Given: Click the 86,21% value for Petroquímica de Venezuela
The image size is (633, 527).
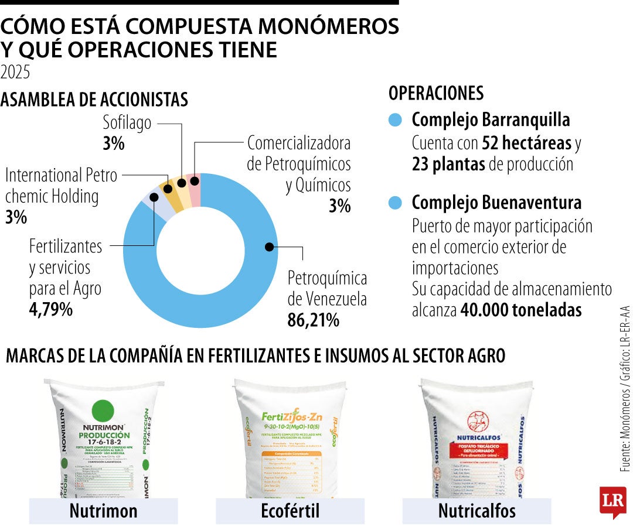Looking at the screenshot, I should [313, 320].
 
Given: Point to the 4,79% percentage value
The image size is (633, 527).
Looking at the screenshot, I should [51, 309].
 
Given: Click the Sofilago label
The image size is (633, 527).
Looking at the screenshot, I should [127, 123].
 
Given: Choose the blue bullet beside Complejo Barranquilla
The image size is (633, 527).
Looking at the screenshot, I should [396, 120].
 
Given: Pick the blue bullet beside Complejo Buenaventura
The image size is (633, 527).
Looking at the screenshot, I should [396, 203].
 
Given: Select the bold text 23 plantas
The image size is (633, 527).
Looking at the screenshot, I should [448, 165].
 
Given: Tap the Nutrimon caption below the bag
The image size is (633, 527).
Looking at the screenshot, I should [103, 511].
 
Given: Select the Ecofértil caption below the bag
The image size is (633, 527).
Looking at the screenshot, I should [290, 511].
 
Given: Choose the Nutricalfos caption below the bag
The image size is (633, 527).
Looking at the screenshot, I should [477, 511].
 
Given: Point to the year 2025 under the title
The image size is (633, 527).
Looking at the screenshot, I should [15, 72].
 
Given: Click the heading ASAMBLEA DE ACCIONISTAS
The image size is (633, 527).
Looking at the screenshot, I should [94, 100].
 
